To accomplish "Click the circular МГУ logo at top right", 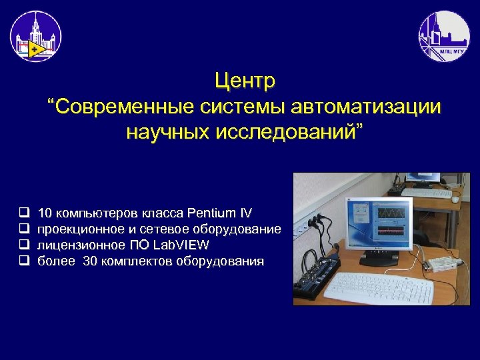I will coord(443,36).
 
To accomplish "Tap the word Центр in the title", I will coord(245,82).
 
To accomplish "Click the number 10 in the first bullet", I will coord(45,213).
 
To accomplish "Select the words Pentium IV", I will coord(220,213).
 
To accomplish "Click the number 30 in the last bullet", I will coord(89,261).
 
